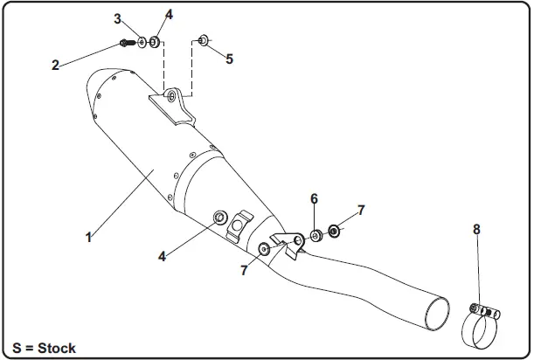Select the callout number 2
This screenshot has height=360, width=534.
(55, 65)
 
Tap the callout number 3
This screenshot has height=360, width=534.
(118, 18)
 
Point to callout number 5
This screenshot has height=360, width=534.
(229, 59)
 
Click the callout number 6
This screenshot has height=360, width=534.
(314, 199)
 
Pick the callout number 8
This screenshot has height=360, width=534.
(476, 229)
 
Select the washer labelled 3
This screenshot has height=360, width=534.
(142, 41)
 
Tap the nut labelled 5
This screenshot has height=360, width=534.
(203, 38)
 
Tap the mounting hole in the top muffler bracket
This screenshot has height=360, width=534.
(171, 94)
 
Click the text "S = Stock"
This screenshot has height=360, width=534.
(45, 348)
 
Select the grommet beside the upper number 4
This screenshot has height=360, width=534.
(155, 41)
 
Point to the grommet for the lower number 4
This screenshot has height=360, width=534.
(219, 216)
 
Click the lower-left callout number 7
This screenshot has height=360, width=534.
(244, 271)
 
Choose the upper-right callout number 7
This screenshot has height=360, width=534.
(360, 211)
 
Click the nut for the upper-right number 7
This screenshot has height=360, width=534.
(334, 232)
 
